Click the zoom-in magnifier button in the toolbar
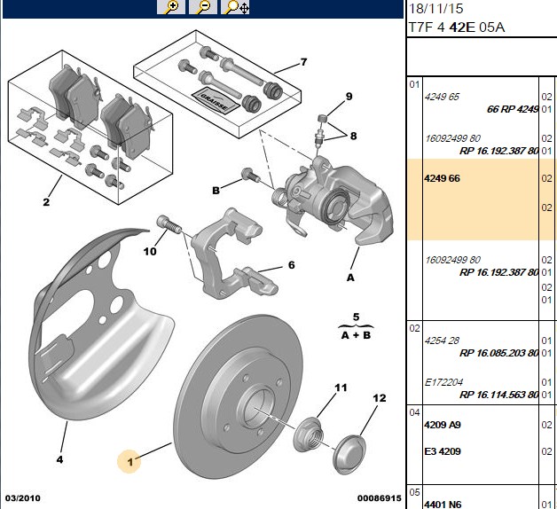(171, 7)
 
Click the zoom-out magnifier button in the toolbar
(203, 7)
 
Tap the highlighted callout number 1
(130, 462)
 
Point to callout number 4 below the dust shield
(59, 459)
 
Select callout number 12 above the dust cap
(379, 398)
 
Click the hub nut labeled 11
(309, 435)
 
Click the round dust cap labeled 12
(349, 454)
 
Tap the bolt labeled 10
(169, 224)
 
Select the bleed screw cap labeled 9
(321, 118)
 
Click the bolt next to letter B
(250, 175)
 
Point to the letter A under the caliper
(350, 278)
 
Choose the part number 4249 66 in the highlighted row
(442, 178)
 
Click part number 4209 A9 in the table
(443, 425)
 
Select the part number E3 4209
(443, 451)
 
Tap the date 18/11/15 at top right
(436, 9)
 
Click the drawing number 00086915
(379, 498)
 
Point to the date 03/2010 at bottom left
(23, 498)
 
